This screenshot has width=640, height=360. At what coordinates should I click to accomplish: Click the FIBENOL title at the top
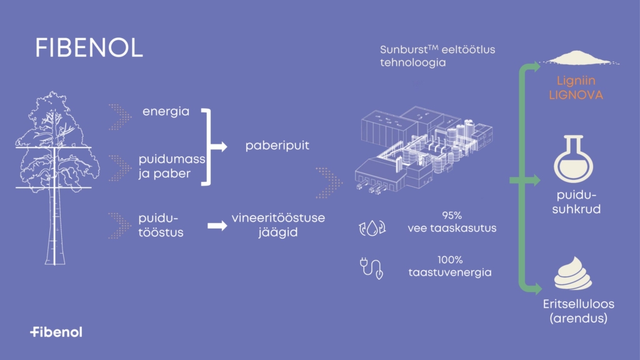(89, 48)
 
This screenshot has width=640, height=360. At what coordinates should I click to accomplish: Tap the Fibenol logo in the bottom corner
(56, 332)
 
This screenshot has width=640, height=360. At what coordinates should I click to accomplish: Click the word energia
(166, 112)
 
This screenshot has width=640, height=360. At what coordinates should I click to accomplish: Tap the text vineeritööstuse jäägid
(269, 226)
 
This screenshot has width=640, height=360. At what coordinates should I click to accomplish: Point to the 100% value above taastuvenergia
(451, 259)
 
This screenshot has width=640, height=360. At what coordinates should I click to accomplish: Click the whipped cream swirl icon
(573, 276)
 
